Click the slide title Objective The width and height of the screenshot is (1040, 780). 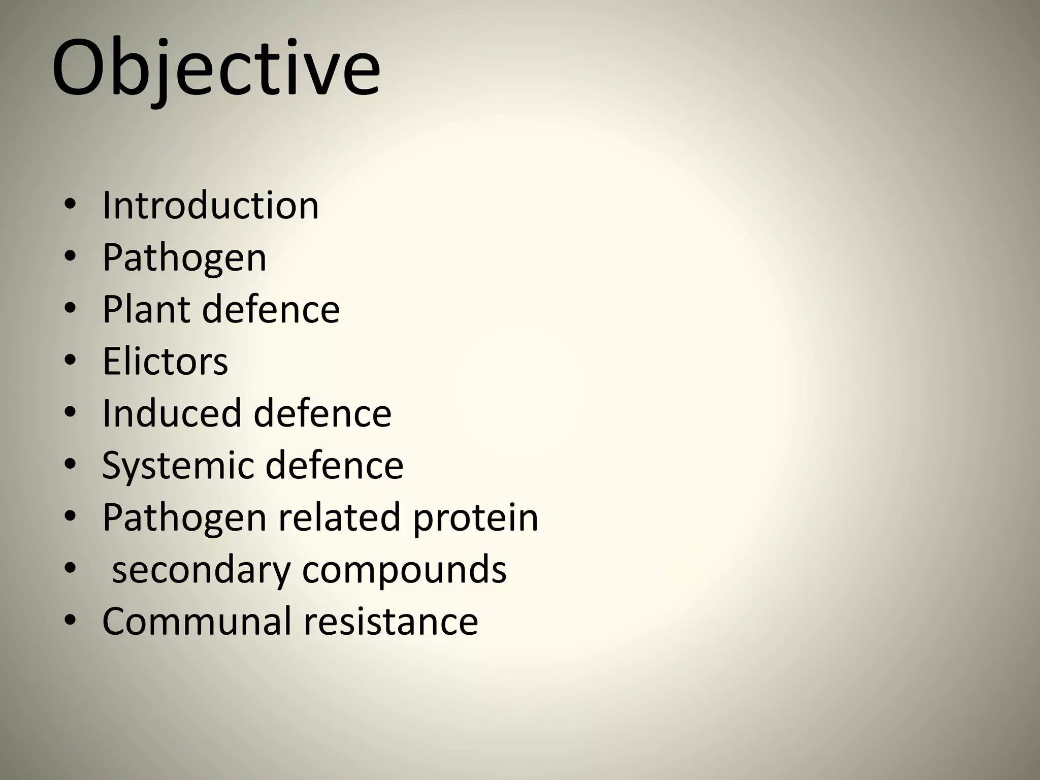(216, 69)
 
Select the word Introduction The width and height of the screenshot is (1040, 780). (210, 206)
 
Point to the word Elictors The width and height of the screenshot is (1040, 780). (165, 362)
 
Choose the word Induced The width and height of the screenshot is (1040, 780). (171, 413)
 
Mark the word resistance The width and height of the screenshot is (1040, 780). (391, 621)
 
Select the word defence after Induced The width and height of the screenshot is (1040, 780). (322, 413)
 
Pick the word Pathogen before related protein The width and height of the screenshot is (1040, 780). (184, 517)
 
